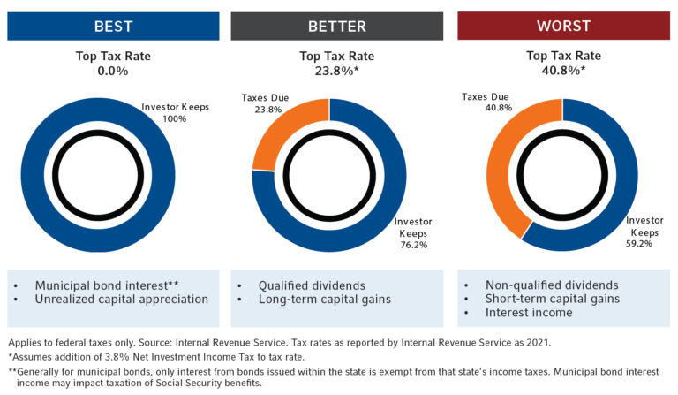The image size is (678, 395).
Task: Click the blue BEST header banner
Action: click(x=113, y=26)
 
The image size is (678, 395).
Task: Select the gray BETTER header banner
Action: click(x=336, y=26)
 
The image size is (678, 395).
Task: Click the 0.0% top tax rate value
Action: click(x=113, y=71)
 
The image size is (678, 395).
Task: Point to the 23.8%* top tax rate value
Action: click(x=336, y=71)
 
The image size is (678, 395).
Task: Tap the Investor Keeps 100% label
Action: click(x=175, y=112)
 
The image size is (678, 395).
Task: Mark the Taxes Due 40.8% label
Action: click(x=486, y=103)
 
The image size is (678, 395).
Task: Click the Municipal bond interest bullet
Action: click(x=106, y=285)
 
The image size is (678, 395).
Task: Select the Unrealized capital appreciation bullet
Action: click(x=121, y=299)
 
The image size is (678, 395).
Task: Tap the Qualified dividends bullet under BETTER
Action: click(x=310, y=285)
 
